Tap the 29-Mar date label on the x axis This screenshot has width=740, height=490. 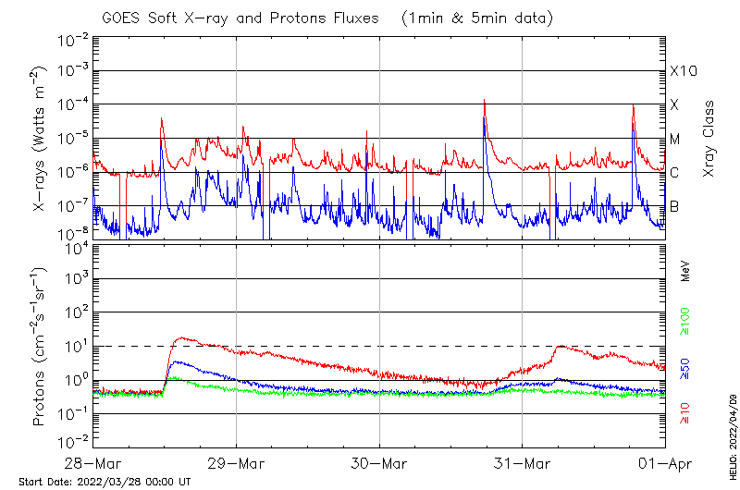237,462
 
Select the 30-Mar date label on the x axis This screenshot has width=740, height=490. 379,462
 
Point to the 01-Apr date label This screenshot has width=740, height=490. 664,462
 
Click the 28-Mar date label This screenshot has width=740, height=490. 93,462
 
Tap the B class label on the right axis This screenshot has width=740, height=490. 674,206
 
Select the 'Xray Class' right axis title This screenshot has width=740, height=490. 709,139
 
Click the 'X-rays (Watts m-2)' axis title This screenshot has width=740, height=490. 42,139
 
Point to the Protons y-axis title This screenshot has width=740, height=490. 42,347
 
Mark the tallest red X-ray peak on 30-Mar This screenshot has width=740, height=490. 485,100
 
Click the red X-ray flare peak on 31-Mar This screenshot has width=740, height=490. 634,104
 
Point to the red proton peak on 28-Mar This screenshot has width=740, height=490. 182,337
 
